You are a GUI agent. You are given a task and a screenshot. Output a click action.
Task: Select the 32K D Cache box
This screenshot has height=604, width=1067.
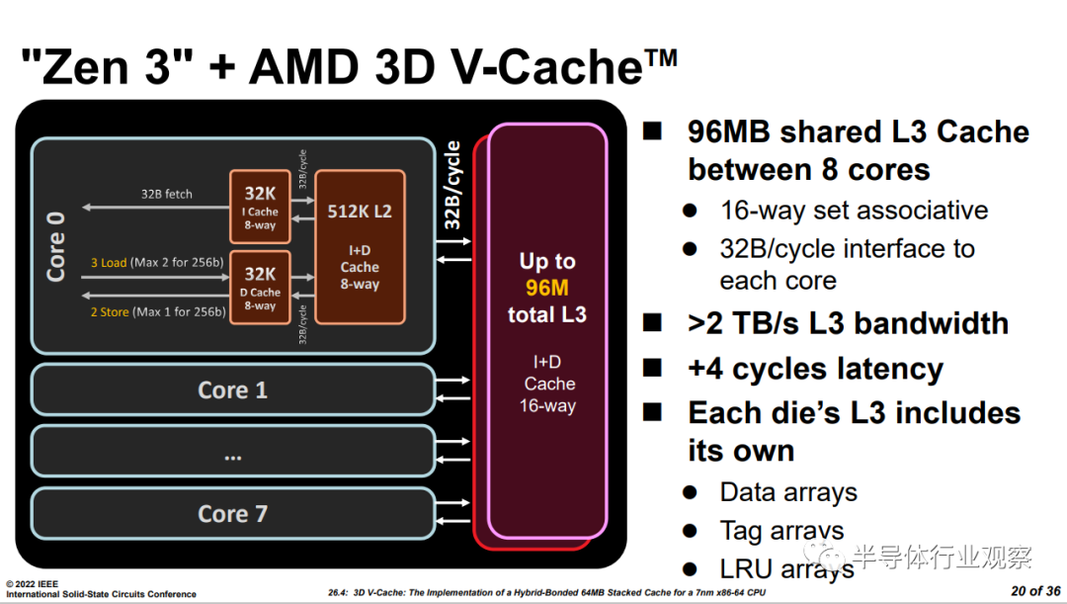pyautogui.click(x=261, y=288)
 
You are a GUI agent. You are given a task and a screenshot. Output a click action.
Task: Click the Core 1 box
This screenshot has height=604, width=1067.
pyautogui.click(x=233, y=389)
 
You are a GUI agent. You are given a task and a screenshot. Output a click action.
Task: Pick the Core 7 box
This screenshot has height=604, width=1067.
pyautogui.click(x=233, y=513)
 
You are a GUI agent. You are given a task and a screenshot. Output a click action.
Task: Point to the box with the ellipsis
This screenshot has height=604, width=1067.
pyautogui.click(x=233, y=452)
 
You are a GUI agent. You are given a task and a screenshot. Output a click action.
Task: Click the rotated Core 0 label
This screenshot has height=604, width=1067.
pyautogui.click(x=56, y=243)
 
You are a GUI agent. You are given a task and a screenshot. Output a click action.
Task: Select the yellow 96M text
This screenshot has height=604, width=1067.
pyautogui.click(x=546, y=288)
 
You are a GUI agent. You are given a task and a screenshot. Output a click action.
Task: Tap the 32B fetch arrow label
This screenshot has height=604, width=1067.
pyautogui.click(x=166, y=194)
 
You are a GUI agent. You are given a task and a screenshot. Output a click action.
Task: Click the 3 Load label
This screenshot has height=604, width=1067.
pyautogui.click(x=109, y=263)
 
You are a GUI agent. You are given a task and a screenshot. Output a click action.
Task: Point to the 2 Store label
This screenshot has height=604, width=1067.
pyautogui.click(x=110, y=312)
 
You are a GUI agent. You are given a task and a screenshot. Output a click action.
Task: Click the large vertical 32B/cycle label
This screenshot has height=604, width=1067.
pyautogui.click(x=452, y=186)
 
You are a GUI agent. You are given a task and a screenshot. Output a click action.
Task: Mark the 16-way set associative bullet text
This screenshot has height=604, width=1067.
pyautogui.click(x=854, y=211)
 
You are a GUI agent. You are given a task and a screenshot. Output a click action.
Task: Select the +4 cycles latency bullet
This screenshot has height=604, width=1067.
pyautogui.click(x=815, y=369)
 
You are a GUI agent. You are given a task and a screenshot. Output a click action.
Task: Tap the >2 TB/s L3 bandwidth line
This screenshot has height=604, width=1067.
pyautogui.click(x=848, y=323)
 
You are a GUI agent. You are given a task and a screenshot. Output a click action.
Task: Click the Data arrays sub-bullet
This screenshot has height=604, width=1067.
pyautogui.click(x=788, y=492)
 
